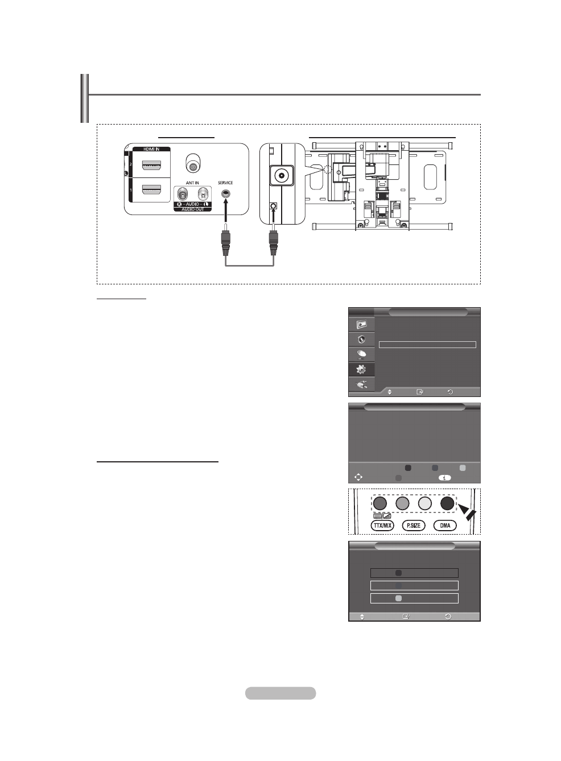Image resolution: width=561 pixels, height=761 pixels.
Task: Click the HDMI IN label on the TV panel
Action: tap(151, 149)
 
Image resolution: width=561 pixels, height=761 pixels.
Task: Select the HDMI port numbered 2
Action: tap(151, 166)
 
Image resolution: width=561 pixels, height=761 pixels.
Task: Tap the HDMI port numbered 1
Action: tap(151, 190)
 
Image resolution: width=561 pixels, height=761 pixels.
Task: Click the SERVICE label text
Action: tap(225, 183)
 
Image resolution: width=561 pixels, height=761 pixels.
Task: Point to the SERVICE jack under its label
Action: tap(226, 193)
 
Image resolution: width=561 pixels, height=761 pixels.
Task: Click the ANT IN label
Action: tap(192, 183)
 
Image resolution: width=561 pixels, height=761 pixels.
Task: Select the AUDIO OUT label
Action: tap(192, 210)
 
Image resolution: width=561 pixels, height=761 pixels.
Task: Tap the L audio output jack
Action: tap(203, 195)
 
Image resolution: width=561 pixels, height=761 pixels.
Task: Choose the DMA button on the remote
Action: tap(445, 526)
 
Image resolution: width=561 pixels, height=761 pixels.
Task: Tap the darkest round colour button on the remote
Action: tap(447, 503)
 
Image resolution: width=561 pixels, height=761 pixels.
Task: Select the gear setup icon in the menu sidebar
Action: tap(361, 369)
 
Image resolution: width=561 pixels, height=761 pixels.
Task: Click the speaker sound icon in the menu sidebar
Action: tap(361, 340)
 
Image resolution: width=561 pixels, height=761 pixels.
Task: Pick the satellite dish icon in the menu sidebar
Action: tap(361, 354)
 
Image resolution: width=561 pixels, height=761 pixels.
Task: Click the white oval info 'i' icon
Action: tap(444, 478)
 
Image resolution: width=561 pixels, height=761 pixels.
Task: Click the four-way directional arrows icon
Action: tap(358, 477)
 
